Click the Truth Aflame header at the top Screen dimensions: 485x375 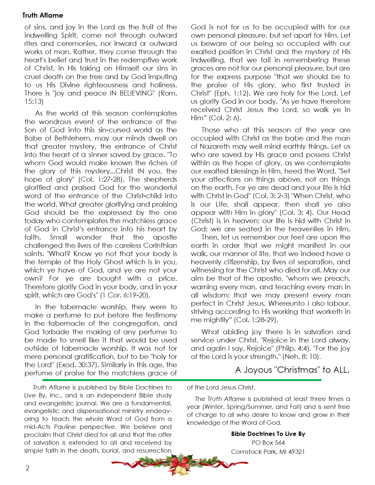pos(43,15)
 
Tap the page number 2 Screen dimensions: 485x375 pos(28,468)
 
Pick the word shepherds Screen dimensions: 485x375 pos(160,179)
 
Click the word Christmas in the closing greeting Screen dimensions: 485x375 pos(297,370)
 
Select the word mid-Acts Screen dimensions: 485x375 pos(37,427)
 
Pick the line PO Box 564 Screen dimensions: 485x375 pos(268,443)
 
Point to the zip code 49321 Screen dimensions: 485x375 pos(296,451)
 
